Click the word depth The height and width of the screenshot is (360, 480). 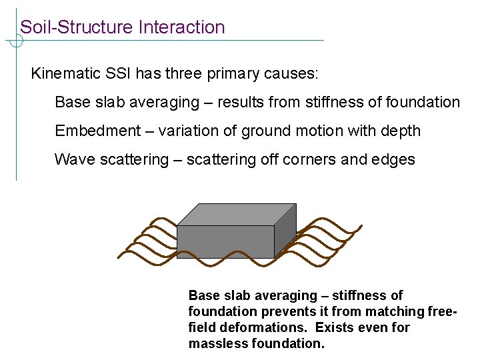pos(400,131)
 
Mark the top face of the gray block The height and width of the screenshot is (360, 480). pos(237,214)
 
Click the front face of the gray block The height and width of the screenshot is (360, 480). pos(225,241)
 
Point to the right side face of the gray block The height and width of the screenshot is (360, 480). pos(285,231)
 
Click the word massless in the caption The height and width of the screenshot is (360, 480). pos(219,343)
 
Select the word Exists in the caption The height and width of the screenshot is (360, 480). pos(335,327)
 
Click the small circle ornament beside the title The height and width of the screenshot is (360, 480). pos(16,41)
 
